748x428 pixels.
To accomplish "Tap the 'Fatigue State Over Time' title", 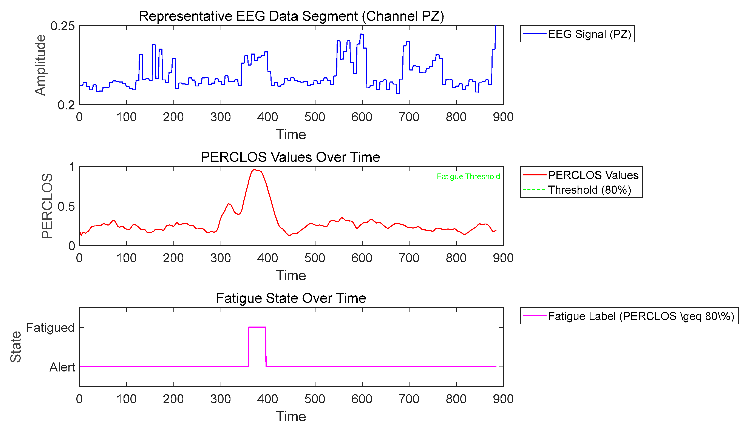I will [291, 298].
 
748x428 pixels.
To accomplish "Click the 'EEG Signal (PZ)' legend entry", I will [589, 34].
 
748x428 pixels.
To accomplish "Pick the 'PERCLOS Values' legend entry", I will [593, 175].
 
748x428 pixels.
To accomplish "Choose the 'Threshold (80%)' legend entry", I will [589, 190].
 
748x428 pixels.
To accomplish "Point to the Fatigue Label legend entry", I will [641, 316].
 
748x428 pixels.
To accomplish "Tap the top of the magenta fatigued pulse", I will [257, 327].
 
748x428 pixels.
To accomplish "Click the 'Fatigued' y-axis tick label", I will [50, 327].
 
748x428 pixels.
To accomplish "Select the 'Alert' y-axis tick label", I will [62, 367].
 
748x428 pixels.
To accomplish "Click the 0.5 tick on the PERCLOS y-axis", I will [66, 206].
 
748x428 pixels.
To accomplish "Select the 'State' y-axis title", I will [15, 347].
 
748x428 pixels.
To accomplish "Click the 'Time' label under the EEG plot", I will [291, 135].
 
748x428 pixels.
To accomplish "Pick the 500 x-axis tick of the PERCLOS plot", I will [315, 258].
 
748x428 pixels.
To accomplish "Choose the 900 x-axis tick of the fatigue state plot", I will [503, 399].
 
